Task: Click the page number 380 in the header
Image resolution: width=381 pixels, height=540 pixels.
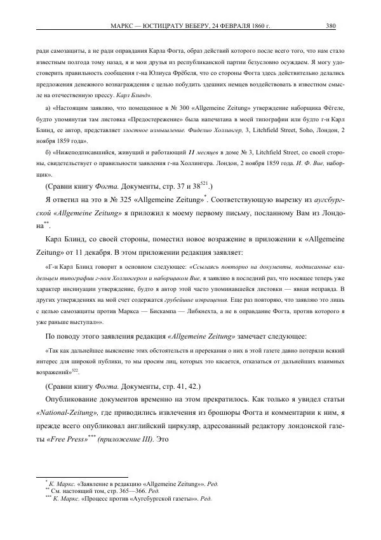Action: (x=330, y=26)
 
